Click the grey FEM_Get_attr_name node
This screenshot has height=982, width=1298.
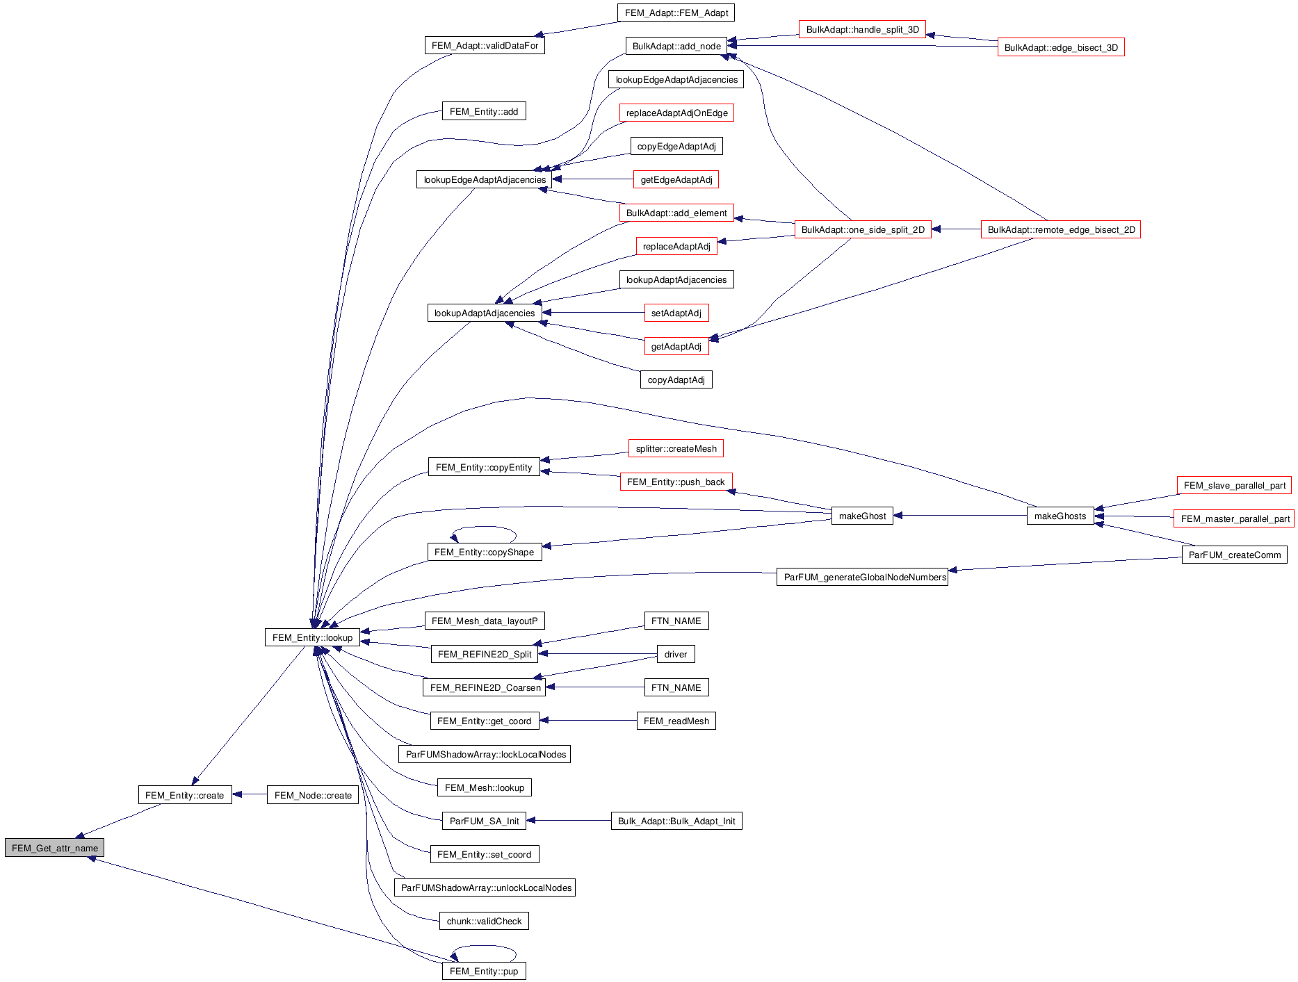click(54, 848)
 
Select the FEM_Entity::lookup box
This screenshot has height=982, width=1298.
click(312, 637)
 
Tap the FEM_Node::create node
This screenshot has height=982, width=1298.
click(313, 795)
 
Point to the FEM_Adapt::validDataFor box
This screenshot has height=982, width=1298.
click(485, 45)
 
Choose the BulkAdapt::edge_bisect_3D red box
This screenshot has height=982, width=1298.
click(1061, 47)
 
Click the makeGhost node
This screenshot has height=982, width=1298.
click(862, 516)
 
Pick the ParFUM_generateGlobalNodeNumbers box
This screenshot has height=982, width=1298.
click(862, 577)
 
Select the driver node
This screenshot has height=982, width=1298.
click(675, 654)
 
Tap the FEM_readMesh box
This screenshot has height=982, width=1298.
click(676, 721)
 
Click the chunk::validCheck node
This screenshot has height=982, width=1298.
click(484, 921)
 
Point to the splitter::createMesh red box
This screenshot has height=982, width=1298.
click(676, 448)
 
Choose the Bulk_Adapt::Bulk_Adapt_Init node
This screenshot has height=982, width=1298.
click(676, 821)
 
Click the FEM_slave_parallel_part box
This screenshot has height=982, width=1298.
click(1234, 485)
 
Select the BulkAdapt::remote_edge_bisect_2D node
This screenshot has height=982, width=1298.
click(1061, 229)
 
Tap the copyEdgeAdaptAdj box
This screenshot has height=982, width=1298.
click(676, 146)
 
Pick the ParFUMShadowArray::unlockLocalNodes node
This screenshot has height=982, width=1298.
click(485, 887)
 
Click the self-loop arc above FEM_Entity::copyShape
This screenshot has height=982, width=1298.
click(485, 527)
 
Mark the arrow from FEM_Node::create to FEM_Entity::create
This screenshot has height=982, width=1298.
click(250, 794)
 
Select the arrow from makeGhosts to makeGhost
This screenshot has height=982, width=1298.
click(959, 516)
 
